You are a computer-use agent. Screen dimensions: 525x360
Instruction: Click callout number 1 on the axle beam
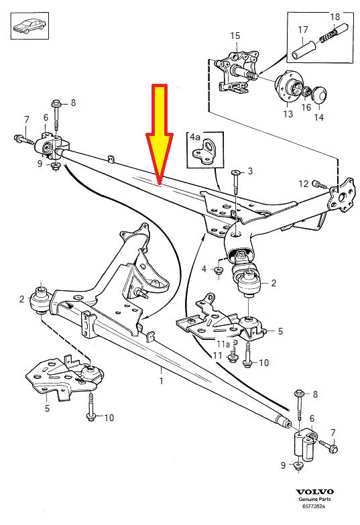coord(161,381)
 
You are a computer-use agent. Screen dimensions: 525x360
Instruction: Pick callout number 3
coord(250,172)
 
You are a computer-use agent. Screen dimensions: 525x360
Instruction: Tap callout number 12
coord(302,183)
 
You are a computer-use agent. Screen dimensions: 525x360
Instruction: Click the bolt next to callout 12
coord(318,184)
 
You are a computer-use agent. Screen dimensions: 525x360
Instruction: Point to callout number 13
coord(288,114)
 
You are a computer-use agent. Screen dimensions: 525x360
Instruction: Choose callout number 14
coord(318,116)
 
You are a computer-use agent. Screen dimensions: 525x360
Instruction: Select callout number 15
coord(235,35)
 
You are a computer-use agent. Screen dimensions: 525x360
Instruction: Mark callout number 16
coord(305,107)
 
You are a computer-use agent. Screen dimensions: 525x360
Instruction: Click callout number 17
coord(302,30)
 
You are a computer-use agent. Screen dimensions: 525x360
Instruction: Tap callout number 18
coord(335,15)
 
